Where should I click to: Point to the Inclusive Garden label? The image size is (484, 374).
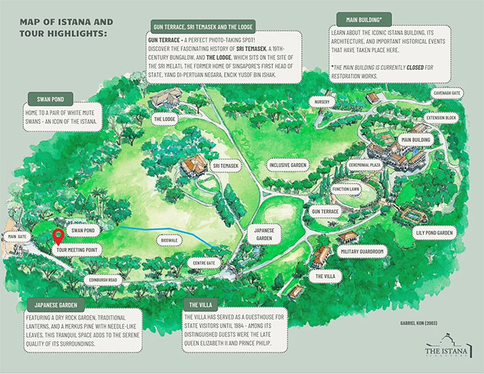coord(289,165)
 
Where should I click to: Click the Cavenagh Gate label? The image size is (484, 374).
coord(446,92)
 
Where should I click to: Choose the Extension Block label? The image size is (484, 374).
coord(441,116)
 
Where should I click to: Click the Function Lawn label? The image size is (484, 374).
coord(347,189)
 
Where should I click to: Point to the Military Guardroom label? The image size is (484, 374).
coord(360,251)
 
